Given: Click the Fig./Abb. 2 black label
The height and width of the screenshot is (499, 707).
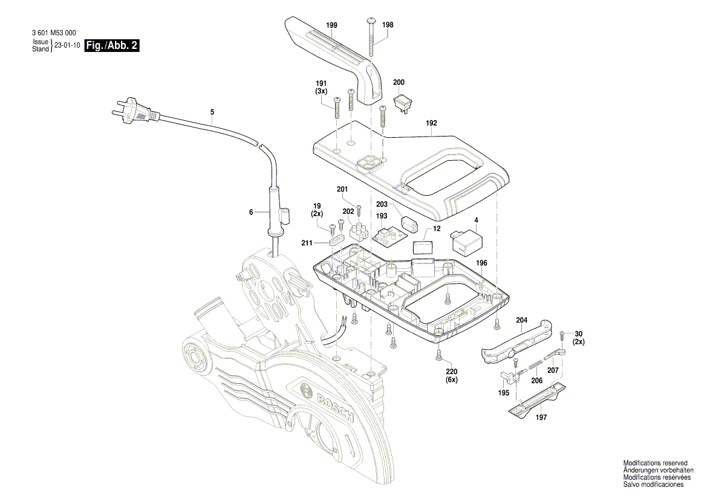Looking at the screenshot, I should (x=112, y=46).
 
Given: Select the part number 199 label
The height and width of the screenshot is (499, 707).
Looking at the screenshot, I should (x=331, y=25).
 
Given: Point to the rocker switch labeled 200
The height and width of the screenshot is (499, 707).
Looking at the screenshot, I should (x=403, y=102).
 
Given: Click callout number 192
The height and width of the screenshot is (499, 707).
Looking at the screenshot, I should (x=431, y=123).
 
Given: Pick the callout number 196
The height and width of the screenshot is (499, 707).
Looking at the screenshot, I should (x=481, y=263).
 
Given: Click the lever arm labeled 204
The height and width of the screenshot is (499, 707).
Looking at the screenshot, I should (x=517, y=343).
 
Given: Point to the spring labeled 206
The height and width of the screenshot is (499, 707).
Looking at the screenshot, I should (x=533, y=364).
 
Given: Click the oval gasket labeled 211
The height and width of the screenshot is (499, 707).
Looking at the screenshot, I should (x=335, y=241).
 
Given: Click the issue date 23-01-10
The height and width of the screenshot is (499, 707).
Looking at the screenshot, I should (x=67, y=46).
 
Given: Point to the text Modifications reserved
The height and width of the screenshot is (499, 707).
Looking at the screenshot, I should (x=655, y=463).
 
